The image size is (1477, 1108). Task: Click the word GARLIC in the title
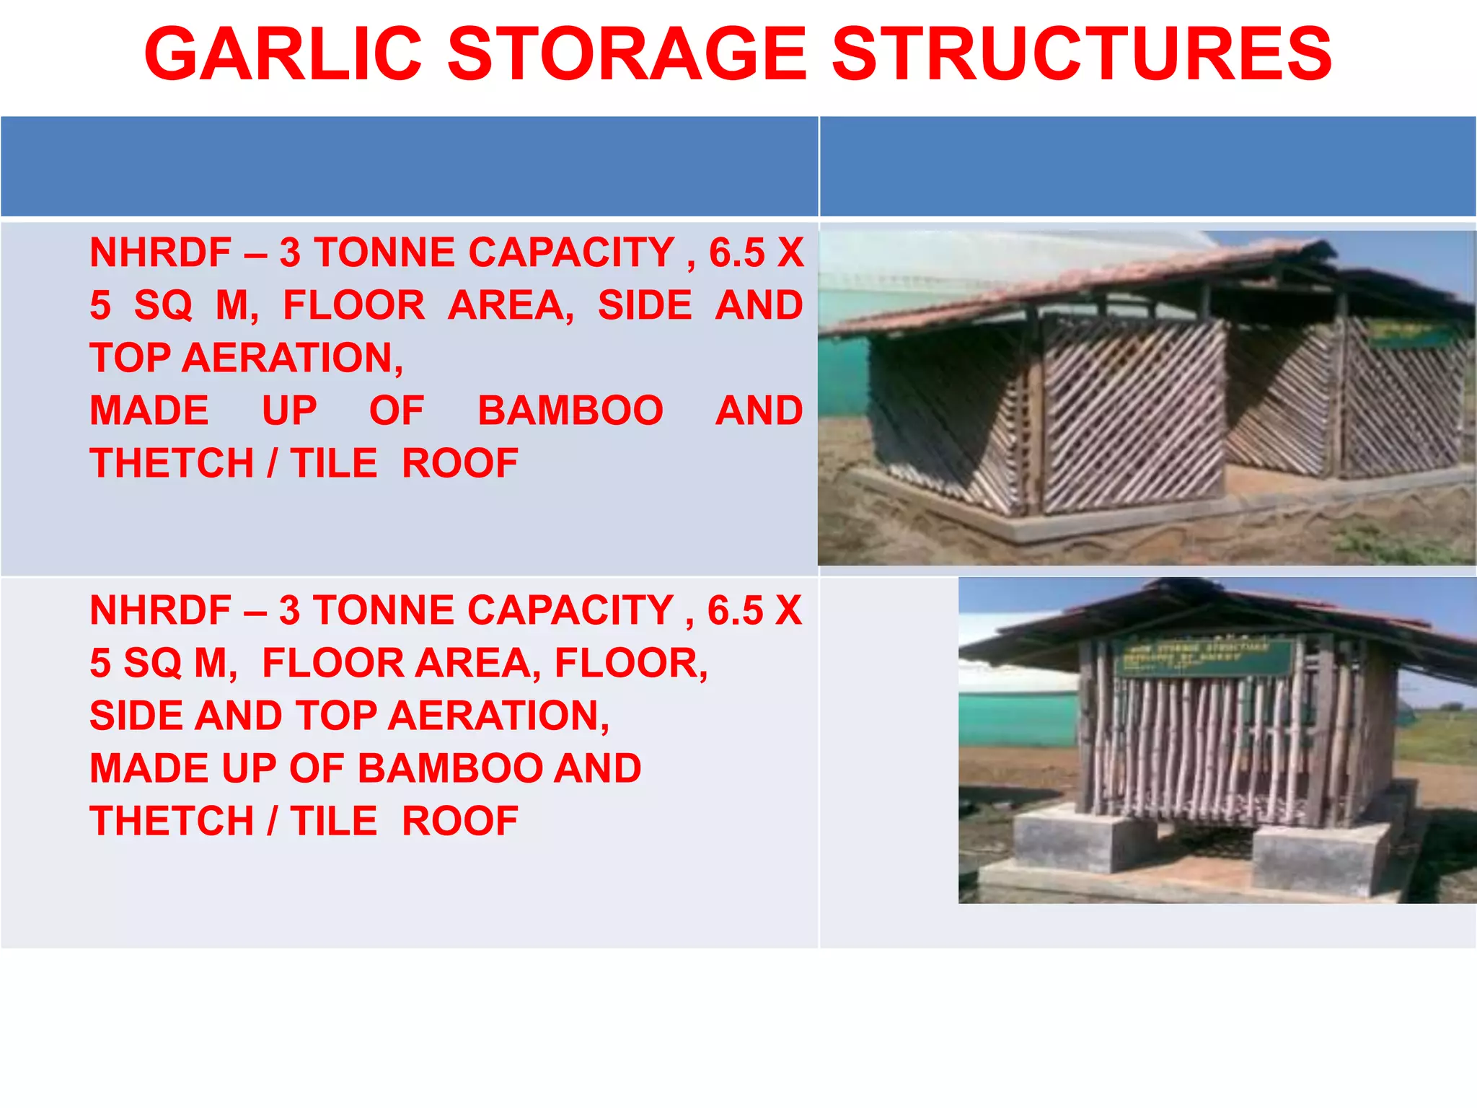[x=283, y=55]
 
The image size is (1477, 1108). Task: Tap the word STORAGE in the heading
[x=627, y=55]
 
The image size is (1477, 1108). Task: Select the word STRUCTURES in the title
[x=1082, y=55]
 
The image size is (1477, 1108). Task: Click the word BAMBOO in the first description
[x=570, y=411]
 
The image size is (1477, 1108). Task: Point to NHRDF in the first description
[x=160, y=253]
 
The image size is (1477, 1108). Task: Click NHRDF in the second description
[x=160, y=611]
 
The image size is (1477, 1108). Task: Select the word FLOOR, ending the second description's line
[x=631, y=664]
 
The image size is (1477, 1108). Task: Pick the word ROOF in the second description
[x=459, y=822]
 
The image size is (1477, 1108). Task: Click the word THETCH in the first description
[x=172, y=464]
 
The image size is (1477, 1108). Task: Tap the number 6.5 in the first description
[x=736, y=253]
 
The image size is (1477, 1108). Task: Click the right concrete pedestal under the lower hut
[x=1320, y=858]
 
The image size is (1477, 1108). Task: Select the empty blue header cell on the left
[x=409, y=166]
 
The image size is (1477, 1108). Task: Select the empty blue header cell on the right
[x=1147, y=166]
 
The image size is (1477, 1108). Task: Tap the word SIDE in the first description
[x=645, y=306]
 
